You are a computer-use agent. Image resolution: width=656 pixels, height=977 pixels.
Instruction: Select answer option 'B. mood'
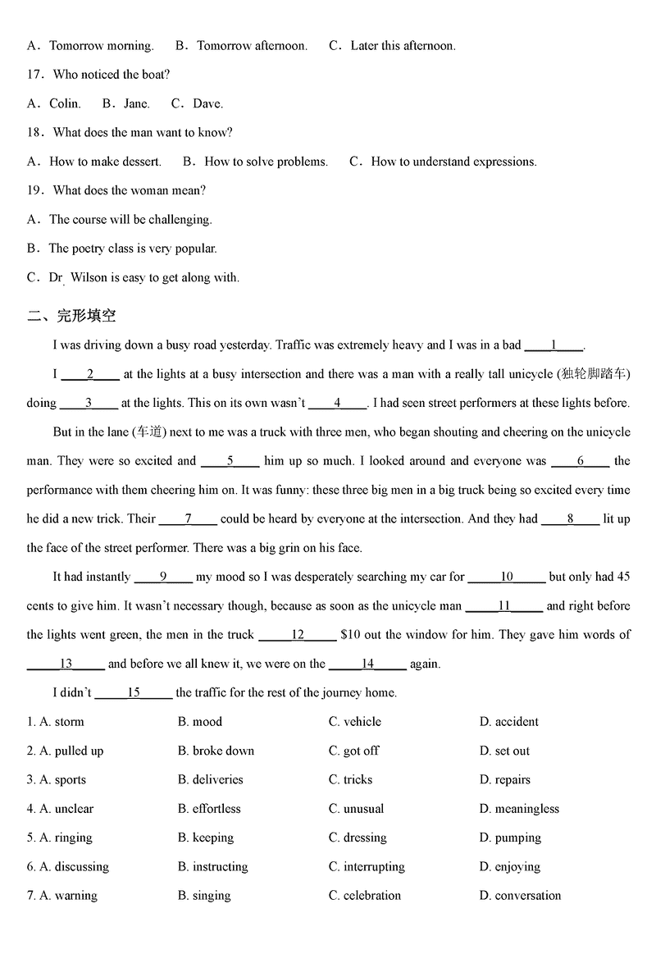(200, 722)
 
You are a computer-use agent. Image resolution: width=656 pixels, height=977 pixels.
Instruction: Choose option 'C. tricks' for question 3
(350, 779)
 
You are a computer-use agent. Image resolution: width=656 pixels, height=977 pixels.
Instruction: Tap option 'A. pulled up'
(66, 751)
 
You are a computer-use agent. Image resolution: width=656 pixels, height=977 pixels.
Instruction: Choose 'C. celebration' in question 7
(365, 896)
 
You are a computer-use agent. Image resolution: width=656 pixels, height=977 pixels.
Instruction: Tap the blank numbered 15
(134, 692)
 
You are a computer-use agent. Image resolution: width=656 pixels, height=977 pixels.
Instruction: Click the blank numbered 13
(66, 664)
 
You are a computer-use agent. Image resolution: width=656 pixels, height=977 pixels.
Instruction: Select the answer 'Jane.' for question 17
(135, 103)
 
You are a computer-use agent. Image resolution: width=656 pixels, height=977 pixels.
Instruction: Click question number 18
(34, 132)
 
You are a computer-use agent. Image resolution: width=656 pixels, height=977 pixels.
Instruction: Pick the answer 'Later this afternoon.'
(403, 46)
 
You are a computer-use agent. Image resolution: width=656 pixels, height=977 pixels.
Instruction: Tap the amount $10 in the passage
(349, 635)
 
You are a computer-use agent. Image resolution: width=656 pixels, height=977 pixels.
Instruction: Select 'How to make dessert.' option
(105, 162)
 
